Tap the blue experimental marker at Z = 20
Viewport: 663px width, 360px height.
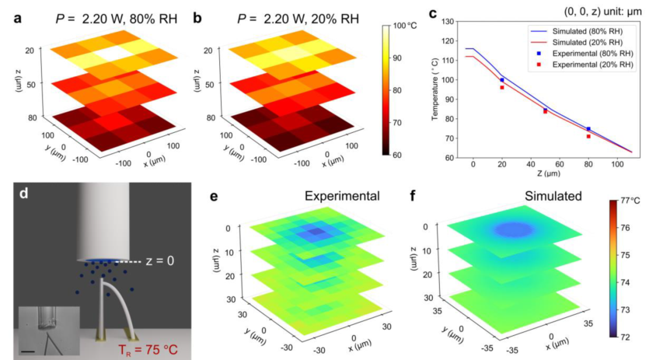pyautogui.click(x=502, y=79)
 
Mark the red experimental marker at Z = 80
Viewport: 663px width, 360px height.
pyautogui.click(x=588, y=136)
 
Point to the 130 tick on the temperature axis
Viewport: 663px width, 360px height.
pyautogui.click(x=451, y=23)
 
